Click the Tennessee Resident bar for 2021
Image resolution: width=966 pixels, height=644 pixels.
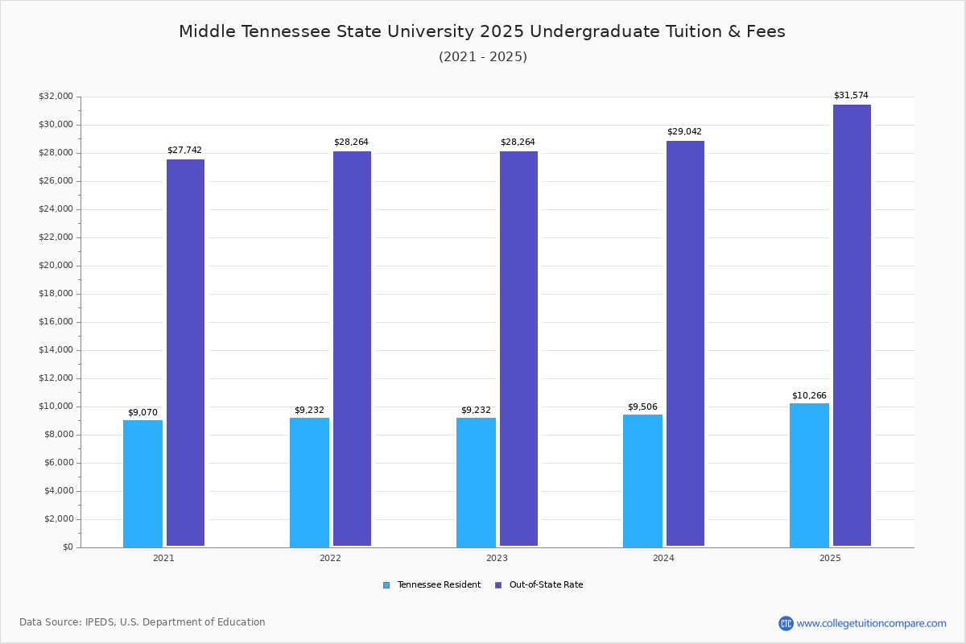pyautogui.click(x=142, y=483)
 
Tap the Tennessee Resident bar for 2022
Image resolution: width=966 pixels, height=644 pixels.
pyautogui.click(x=309, y=482)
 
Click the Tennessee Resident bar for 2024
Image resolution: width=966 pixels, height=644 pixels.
pyautogui.click(x=642, y=481)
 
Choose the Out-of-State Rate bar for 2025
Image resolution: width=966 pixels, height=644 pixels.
pyautogui.click(x=852, y=325)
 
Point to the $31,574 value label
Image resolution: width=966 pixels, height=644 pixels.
pyautogui.click(x=851, y=95)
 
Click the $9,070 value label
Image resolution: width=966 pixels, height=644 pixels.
pyautogui.click(x=142, y=412)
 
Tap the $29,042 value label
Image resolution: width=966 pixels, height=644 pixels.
pyautogui.click(x=684, y=131)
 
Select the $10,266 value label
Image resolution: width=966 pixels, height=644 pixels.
pyautogui.click(x=809, y=395)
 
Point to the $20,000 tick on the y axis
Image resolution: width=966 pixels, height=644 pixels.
pyautogui.click(x=56, y=266)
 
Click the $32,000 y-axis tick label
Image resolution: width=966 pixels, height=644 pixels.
pyautogui.click(x=56, y=97)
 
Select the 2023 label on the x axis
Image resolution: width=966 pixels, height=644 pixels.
pyautogui.click(x=497, y=558)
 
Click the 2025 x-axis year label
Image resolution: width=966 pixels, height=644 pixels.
pyautogui.click(x=830, y=558)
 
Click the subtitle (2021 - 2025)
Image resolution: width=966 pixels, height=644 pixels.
pyautogui.click(x=483, y=56)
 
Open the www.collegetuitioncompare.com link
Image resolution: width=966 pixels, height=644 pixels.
pyautogui.click(x=871, y=623)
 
